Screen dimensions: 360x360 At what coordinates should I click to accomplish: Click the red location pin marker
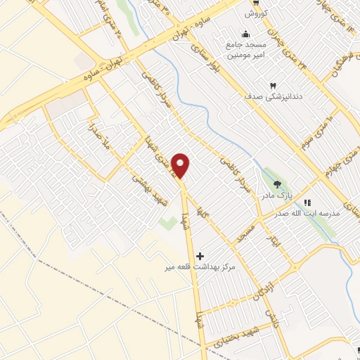pyautogui.click(x=181, y=165)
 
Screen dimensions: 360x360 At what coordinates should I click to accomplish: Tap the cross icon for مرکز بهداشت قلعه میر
pyautogui.click(x=202, y=255)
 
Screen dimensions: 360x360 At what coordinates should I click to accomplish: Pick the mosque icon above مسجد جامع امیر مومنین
pyautogui.click(x=245, y=34)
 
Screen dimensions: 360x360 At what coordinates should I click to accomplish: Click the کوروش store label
pyautogui.click(x=253, y=14)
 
